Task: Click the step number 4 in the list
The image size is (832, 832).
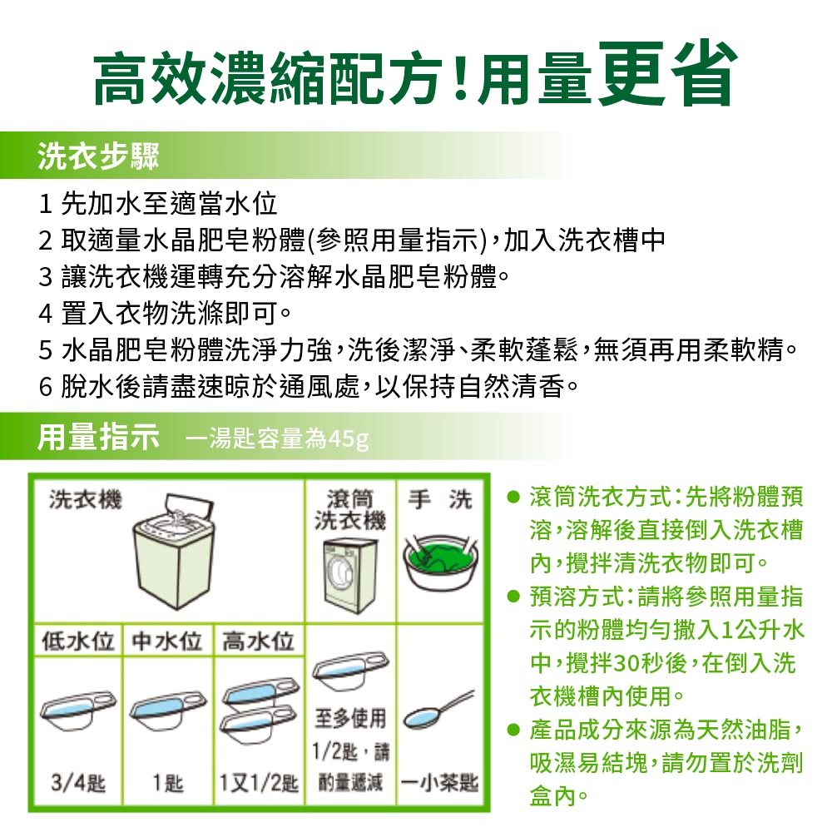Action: coord(46,315)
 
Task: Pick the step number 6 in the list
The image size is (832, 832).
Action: coord(46,388)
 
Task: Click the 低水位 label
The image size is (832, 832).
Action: coord(77,641)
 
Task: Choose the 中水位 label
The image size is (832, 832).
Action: coord(167,641)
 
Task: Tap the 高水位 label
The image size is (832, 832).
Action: coord(259,641)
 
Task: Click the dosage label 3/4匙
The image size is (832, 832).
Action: coord(77,783)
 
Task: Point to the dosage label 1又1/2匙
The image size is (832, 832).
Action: coord(258,783)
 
